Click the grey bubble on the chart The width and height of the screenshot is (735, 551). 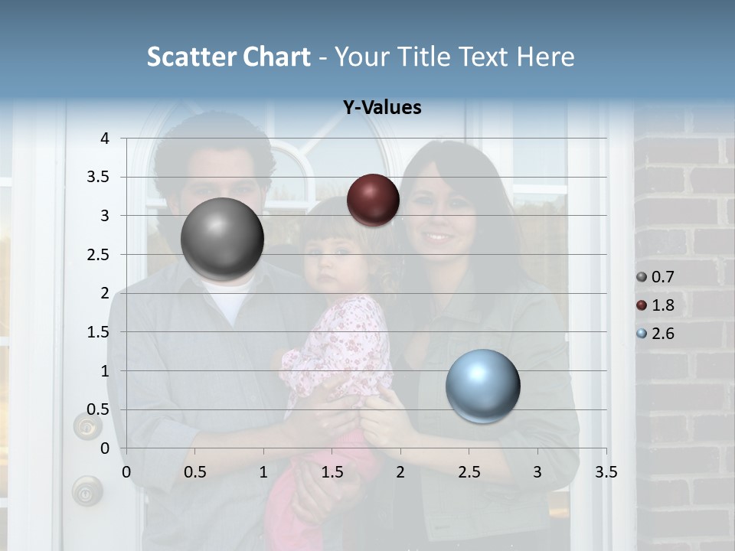coord(222,239)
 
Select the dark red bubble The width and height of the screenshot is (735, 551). coord(373,200)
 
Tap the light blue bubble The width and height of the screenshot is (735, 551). coord(482,386)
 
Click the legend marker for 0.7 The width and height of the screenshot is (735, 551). coord(642,277)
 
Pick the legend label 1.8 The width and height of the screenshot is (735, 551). coord(662,305)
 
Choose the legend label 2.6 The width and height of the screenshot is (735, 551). coord(662,334)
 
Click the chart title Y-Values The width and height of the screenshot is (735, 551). coord(381,108)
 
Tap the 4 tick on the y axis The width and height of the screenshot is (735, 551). coord(105,139)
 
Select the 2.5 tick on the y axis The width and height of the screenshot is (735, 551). coord(99,255)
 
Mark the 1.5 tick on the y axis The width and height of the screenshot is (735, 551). coord(99,332)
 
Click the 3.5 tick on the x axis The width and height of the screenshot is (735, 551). coord(606,472)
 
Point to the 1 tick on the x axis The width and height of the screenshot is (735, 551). coord(263,472)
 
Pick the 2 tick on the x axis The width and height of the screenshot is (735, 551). coord(400,472)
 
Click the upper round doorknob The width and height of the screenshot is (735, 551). coord(87,425)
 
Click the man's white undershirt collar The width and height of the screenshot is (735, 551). coord(230,295)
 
